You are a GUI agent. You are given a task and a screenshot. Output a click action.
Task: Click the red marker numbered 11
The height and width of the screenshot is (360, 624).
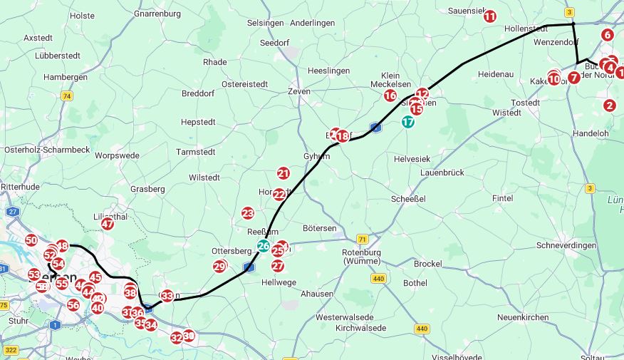tap(489, 16)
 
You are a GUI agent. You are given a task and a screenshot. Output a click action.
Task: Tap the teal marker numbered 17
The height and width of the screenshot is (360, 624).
tap(407, 122)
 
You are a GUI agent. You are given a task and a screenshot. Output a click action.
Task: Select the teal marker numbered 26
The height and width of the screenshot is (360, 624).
tap(264, 247)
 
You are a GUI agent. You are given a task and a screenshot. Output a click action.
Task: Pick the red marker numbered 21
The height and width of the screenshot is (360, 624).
tap(284, 173)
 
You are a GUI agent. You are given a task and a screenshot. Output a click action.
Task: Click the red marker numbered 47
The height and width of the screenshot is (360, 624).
tap(107, 224)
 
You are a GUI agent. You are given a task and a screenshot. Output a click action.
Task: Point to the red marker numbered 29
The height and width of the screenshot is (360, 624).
tap(219, 267)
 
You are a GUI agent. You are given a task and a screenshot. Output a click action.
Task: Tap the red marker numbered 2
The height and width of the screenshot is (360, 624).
tap(609, 106)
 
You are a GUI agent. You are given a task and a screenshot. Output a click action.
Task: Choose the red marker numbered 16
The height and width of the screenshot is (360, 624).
tap(390, 96)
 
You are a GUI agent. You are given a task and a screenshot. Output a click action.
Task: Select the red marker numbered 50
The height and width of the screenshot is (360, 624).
tap(31, 240)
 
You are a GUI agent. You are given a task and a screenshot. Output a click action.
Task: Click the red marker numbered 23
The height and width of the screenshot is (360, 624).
tap(248, 213)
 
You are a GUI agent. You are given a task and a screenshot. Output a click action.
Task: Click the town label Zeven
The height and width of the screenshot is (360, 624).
tap(300, 91)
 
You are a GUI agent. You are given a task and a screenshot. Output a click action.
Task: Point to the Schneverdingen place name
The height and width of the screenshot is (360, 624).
tap(566, 245)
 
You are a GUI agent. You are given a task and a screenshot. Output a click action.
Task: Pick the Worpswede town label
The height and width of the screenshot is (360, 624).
tap(117, 155)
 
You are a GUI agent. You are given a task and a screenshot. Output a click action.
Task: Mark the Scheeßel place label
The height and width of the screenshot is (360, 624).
tap(409, 199)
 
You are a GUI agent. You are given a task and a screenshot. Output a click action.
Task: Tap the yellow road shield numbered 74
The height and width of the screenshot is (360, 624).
tap(67, 96)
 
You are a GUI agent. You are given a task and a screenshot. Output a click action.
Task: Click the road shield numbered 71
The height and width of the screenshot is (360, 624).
tap(363, 239)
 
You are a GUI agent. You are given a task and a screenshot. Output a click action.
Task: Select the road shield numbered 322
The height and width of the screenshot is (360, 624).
tap(11, 350)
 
